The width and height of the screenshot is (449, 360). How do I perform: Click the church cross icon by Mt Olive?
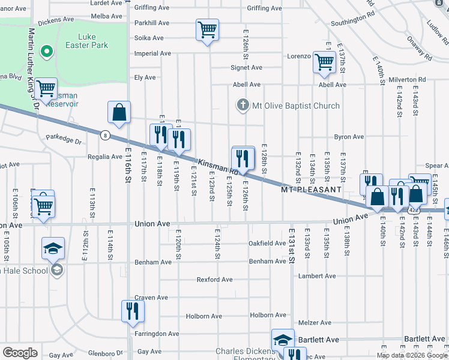tap(243, 106)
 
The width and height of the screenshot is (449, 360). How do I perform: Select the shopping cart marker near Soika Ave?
tap(207, 29)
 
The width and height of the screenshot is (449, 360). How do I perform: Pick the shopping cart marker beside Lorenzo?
tap(324, 62)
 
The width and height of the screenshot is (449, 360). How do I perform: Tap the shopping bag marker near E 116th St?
tap(119, 112)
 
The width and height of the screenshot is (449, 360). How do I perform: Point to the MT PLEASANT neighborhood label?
tap(312, 190)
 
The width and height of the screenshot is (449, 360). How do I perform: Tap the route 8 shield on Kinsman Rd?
tap(105, 135)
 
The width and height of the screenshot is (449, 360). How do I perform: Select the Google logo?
tap(20, 353)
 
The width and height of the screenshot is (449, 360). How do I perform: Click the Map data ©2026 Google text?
tap(412, 355)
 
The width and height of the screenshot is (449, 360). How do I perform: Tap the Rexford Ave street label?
tap(214, 280)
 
